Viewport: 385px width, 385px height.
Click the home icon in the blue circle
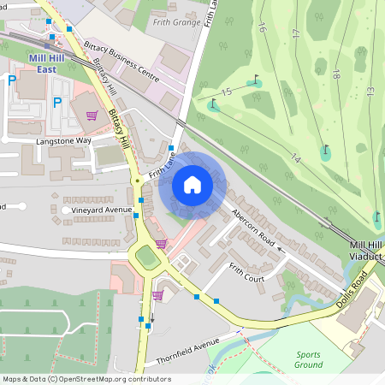(x=192, y=184)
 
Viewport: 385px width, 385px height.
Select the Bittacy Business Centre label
(x=121, y=59)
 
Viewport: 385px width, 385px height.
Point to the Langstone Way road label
(x=63, y=140)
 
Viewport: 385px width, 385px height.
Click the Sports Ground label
(x=309, y=359)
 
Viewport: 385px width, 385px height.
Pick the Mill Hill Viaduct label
(x=368, y=251)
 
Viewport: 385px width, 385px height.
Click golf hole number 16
(x=262, y=29)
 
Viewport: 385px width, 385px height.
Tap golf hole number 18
(x=335, y=75)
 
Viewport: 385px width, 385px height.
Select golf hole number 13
(x=370, y=90)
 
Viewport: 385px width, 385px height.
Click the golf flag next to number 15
(x=256, y=81)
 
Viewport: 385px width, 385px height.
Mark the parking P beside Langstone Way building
(x=57, y=103)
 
